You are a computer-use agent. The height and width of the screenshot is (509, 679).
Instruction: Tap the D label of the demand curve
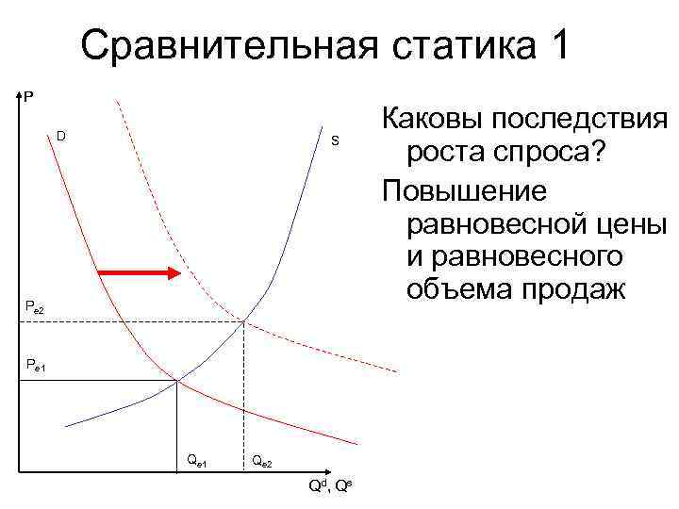60,137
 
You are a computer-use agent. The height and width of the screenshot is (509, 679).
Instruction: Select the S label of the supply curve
333,141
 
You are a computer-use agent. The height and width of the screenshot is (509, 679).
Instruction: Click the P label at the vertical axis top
28,95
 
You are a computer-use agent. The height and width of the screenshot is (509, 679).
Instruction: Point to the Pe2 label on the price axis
34,306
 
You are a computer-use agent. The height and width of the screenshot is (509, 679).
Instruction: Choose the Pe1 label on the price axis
34,364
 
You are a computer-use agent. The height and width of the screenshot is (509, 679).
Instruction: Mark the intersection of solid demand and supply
177,381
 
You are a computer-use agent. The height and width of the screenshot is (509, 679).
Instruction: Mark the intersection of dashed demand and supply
244,321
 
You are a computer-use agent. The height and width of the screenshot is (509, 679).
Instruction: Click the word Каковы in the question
430,122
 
